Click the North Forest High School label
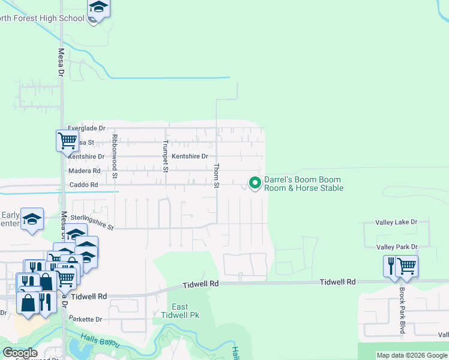[x=42, y=18]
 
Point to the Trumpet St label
[x=165, y=156]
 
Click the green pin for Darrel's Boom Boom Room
[x=255, y=182]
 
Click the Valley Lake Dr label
[x=396, y=222]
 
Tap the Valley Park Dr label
[x=396, y=247]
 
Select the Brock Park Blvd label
[x=402, y=310]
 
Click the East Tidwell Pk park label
[x=179, y=311]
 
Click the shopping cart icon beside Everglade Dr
[x=67, y=140]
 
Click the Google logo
[x=20, y=353]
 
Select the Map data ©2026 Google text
[x=412, y=355]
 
